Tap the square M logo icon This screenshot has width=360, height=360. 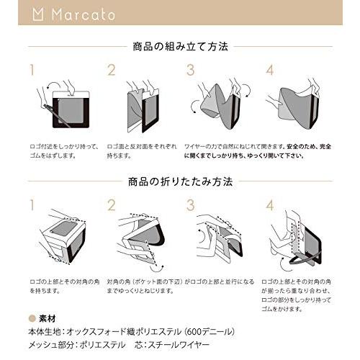[x=40, y=15]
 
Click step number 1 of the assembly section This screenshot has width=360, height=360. [x=32, y=70]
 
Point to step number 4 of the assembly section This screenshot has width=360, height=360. [x=270, y=70]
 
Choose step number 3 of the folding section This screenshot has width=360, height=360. [x=191, y=205]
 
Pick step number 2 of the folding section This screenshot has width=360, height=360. [x=112, y=205]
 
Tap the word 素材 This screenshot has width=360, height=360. [x=45, y=317]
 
